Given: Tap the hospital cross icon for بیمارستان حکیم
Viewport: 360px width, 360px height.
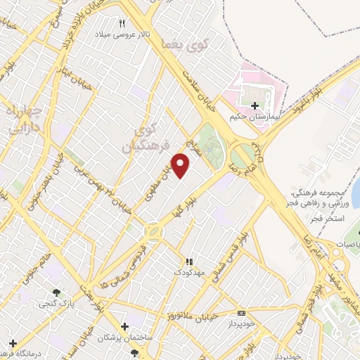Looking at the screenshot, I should [254, 105].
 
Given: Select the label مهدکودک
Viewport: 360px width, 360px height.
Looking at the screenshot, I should [188, 271].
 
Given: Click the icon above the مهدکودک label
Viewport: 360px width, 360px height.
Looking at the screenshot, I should [188, 262].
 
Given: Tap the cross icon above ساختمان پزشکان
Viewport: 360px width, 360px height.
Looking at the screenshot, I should [125, 327].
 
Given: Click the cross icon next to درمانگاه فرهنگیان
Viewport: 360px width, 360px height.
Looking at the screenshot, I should [13, 344].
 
